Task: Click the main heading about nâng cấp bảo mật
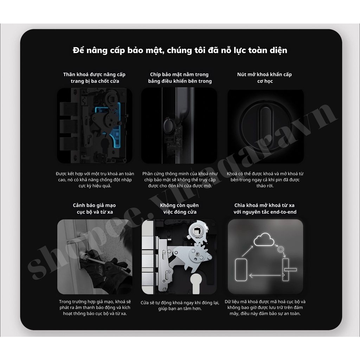[180, 50]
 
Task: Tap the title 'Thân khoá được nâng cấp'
[94, 75]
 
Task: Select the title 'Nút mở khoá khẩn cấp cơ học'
[264, 78]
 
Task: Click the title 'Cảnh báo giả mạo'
[94, 205]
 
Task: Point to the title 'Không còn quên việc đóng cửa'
[179, 208]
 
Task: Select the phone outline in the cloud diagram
[241, 270]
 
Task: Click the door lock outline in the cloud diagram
[285, 270]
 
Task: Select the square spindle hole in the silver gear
[197, 230]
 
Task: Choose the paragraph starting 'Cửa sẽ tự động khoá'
[180, 306]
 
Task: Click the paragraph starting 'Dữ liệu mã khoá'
[265, 307]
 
